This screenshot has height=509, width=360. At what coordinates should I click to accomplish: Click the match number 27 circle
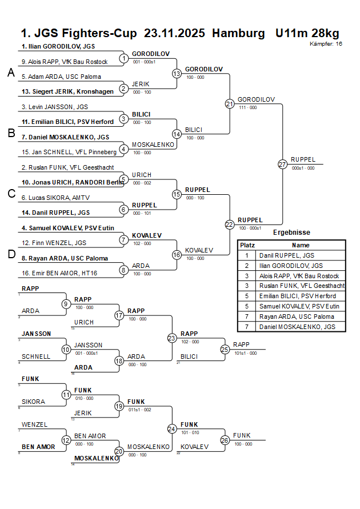(282, 164)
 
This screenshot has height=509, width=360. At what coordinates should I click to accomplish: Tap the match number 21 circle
(230, 104)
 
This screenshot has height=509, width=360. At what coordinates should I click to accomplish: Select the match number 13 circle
(177, 74)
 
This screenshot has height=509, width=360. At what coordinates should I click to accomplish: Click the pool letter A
(10, 73)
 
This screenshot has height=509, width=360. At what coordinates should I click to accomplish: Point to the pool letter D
(10, 255)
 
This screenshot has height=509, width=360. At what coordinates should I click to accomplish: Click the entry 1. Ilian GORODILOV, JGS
(58, 46)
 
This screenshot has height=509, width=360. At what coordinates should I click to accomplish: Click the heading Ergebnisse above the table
(291, 233)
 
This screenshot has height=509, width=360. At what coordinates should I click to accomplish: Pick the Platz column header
(247, 245)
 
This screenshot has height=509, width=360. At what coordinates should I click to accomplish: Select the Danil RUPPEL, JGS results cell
(286, 255)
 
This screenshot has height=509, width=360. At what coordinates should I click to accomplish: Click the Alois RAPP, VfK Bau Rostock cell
(299, 276)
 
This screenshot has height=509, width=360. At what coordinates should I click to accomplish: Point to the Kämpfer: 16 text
(326, 43)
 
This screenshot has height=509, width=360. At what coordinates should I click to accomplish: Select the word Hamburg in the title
(238, 33)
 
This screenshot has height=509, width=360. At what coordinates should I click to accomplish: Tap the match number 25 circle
(225, 349)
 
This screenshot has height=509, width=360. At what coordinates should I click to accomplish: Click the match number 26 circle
(225, 440)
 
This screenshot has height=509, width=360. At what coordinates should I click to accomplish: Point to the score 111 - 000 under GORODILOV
(247, 107)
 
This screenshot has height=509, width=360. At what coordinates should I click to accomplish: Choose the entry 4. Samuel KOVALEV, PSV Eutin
(68, 228)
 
